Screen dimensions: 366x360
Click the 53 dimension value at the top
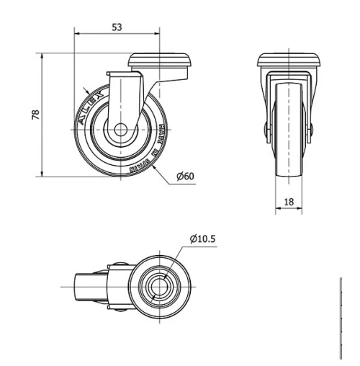click(x=117, y=27)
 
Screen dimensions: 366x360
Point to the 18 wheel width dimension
click(x=289, y=202)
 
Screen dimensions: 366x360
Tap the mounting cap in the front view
click(x=289, y=61)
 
